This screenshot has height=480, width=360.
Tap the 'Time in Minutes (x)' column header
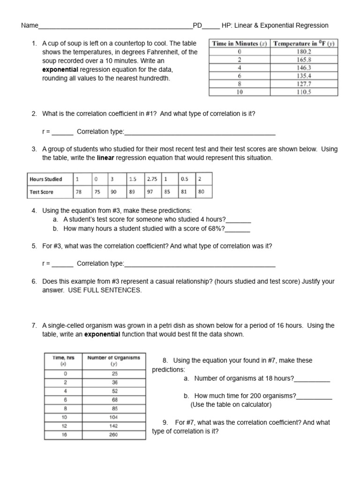(x=240, y=43)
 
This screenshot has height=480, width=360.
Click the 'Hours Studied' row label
(x=45, y=179)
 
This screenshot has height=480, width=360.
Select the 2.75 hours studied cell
(x=152, y=179)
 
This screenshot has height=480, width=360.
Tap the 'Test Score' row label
(x=42, y=192)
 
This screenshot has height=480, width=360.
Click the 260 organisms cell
(x=114, y=435)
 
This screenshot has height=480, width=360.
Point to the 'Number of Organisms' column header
(x=114, y=360)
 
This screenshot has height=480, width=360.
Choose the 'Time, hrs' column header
(x=65, y=360)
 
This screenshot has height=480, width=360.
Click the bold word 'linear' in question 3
(x=106, y=158)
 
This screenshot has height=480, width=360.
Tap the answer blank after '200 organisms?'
(x=314, y=397)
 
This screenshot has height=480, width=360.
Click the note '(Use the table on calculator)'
(x=231, y=405)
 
